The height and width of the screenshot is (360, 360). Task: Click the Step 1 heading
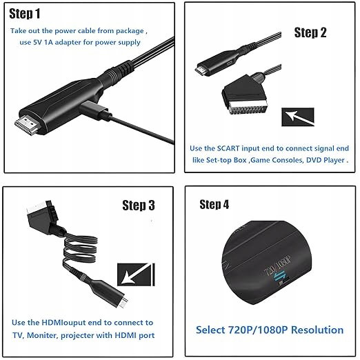click(25, 14)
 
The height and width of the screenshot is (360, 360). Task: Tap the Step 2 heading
click(310, 32)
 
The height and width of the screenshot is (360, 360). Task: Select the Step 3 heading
click(139, 206)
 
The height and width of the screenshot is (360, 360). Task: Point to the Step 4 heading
click(214, 204)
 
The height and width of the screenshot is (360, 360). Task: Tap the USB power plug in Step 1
click(95, 111)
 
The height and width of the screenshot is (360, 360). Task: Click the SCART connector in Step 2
click(245, 94)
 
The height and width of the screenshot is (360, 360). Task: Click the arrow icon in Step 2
click(298, 117)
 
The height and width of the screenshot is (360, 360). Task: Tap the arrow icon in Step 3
click(136, 274)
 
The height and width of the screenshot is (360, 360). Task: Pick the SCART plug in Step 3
click(43, 217)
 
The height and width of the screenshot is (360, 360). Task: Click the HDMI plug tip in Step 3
click(123, 303)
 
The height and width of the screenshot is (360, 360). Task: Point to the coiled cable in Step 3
click(80, 250)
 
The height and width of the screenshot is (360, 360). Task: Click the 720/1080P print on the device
click(277, 266)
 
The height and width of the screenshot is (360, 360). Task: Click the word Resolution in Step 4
click(317, 330)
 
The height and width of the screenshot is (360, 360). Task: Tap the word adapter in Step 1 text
click(68, 43)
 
